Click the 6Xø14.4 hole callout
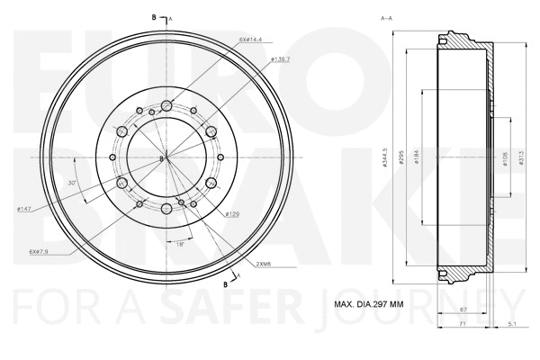coord(252,39)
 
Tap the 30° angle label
coord(72,183)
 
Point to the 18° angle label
coord(179,244)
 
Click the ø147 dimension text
coord(24,210)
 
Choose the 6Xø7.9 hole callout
coord(37,252)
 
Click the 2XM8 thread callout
coord(265,263)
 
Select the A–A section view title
coord(387,18)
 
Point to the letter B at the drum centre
coord(161,159)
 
